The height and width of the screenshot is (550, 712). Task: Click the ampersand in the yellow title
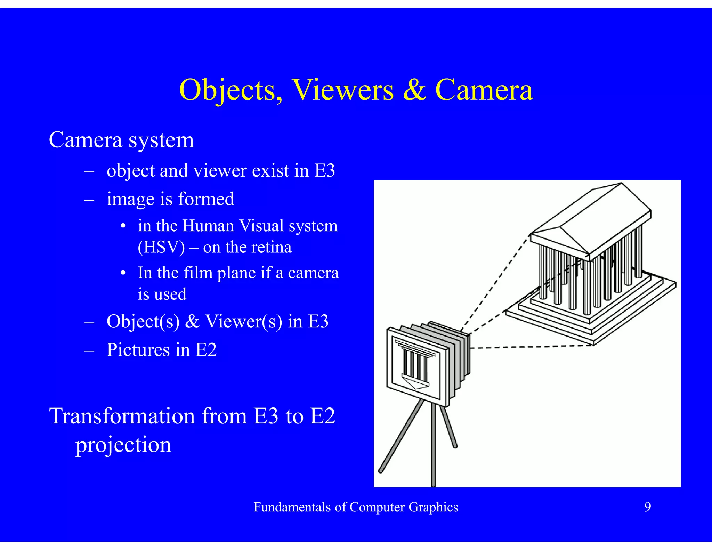click(414, 90)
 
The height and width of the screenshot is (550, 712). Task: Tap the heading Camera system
click(121, 140)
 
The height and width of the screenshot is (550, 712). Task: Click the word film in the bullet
click(198, 273)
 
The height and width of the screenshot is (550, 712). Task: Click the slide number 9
click(648, 507)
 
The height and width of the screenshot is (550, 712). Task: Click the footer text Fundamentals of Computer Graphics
click(356, 507)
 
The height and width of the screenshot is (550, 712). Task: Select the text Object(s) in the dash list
click(143, 321)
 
